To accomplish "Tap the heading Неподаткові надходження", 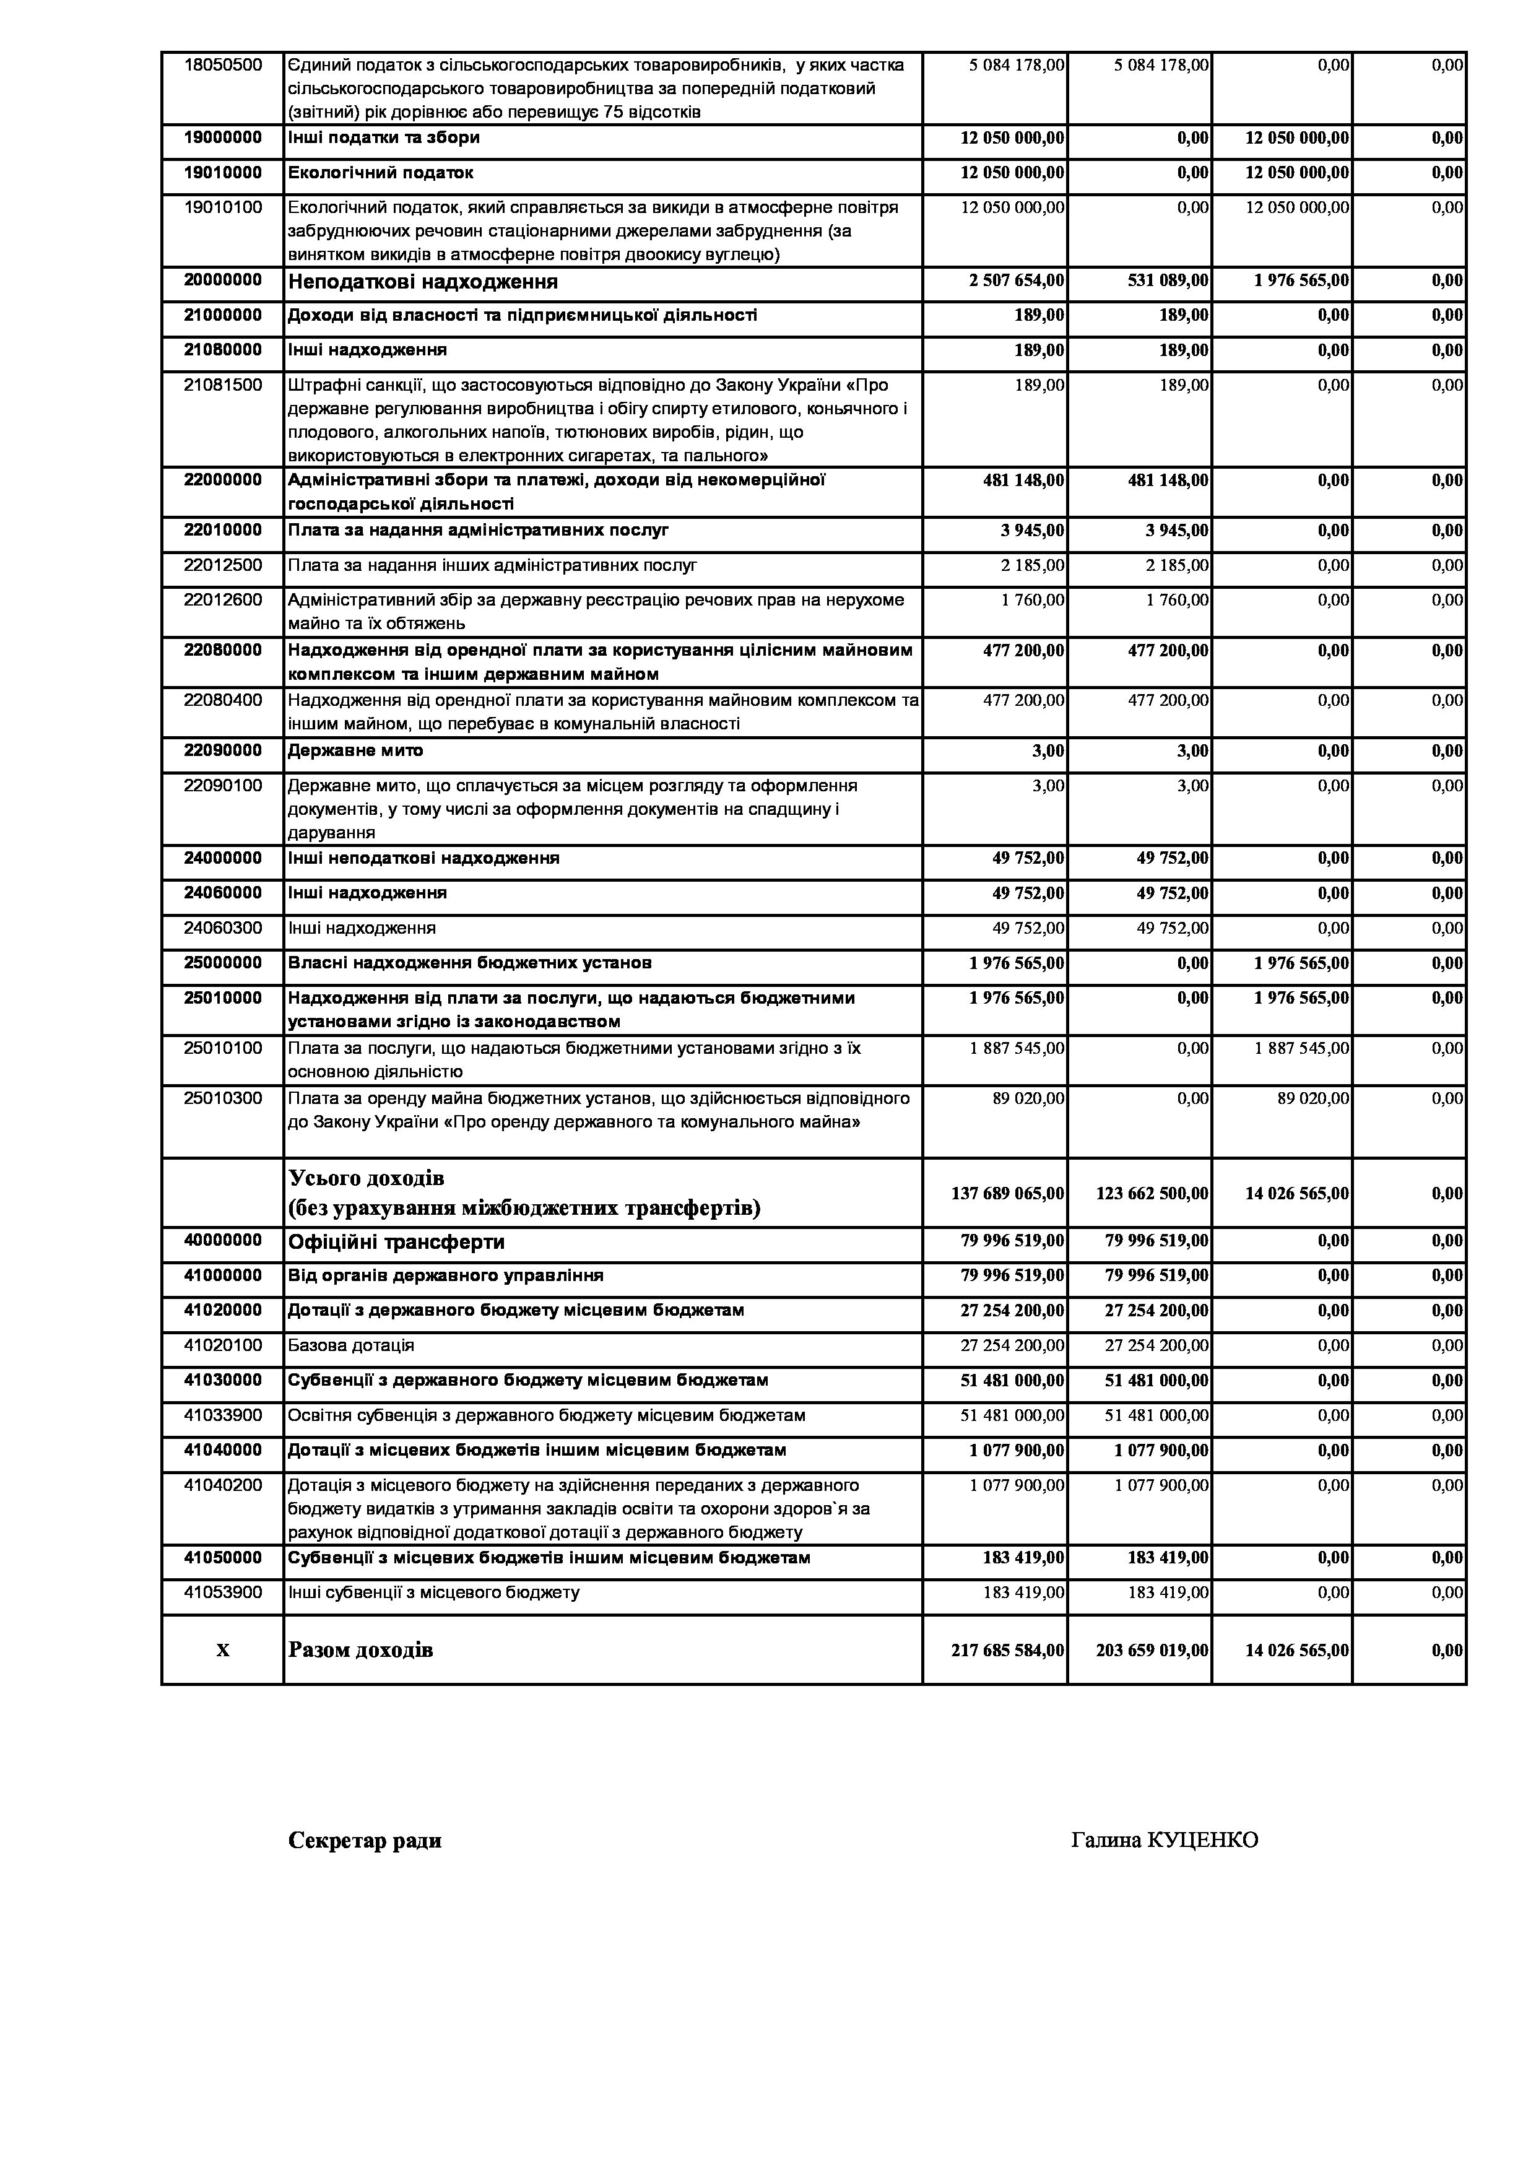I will (x=423, y=282).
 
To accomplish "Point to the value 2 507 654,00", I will (x=1016, y=281).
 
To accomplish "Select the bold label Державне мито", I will (x=355, y=751).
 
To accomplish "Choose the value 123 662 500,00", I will (x=1152, y=1194).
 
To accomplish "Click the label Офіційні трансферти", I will (x=396, y=1242).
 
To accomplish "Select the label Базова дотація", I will (x=351, y=1345).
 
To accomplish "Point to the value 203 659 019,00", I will (x=1152, y=1651).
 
